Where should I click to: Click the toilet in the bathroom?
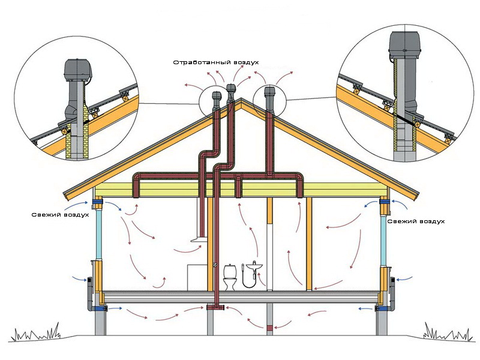coord(230,277)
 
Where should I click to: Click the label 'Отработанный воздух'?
coord(216,62)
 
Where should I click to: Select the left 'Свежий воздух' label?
coord(61,215)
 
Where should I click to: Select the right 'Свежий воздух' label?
coord(416,221)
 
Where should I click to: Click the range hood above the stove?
coord(199,239)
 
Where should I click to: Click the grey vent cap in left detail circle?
coord(78,70)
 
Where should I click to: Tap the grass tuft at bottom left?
coord(35,332)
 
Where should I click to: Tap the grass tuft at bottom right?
coord(448,333)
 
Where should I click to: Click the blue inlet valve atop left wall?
coord(97,202)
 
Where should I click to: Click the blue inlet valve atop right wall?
coord(384,202)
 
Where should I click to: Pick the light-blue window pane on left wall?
coord(99,235)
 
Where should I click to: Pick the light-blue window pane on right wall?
coord(383,241)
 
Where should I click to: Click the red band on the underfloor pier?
coord(269,328)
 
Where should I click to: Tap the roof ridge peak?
coord(241,99)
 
